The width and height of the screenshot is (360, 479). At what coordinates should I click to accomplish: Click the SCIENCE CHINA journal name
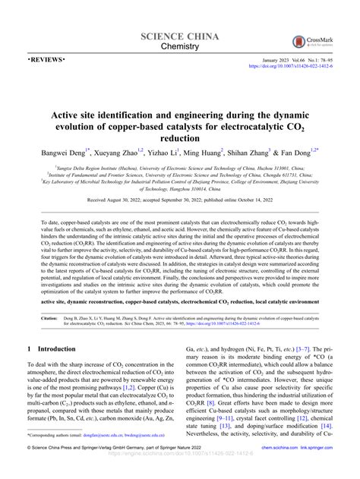(180, 37)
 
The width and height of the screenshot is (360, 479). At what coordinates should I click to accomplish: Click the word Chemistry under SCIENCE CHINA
(180, 49)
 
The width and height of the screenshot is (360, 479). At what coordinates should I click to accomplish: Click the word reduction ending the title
(180, 138)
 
